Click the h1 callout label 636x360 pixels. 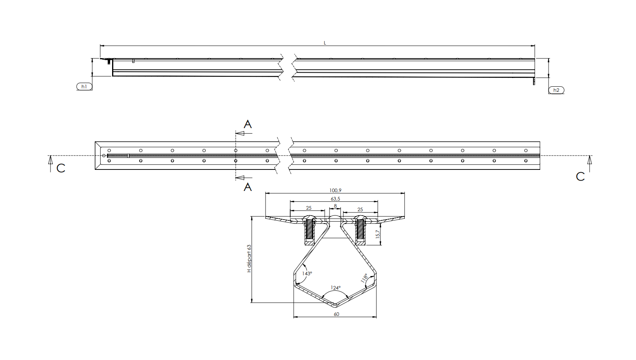coord(84,86)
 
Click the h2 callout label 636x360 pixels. coord(556,90)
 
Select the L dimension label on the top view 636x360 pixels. coord(325,43)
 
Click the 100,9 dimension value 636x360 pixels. coord(335,191)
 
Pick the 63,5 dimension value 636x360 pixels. coord(335,199)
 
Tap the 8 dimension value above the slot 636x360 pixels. coord(335,206)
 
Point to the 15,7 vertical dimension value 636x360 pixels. coord(378,234)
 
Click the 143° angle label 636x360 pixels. coord(307,274)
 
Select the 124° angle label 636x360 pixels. coord(335,288)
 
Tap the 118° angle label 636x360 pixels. coord(364,278)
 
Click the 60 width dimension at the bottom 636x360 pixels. coord(336,314)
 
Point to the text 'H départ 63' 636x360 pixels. coord(249,259)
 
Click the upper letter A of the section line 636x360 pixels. coord(248,125)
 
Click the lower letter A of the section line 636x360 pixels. coord(248,187)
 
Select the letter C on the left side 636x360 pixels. coord(61,168)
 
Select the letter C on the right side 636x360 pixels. coord(580,177)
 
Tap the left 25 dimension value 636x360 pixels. coord(308,208)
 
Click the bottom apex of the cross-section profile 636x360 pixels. coord(335,306)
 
